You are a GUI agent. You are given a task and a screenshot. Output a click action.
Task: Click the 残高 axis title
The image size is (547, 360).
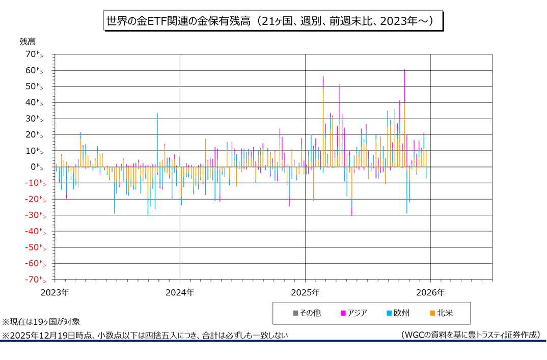(x=28, y=41)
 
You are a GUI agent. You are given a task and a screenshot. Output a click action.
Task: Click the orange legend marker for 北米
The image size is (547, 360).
(x=432, y=313)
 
